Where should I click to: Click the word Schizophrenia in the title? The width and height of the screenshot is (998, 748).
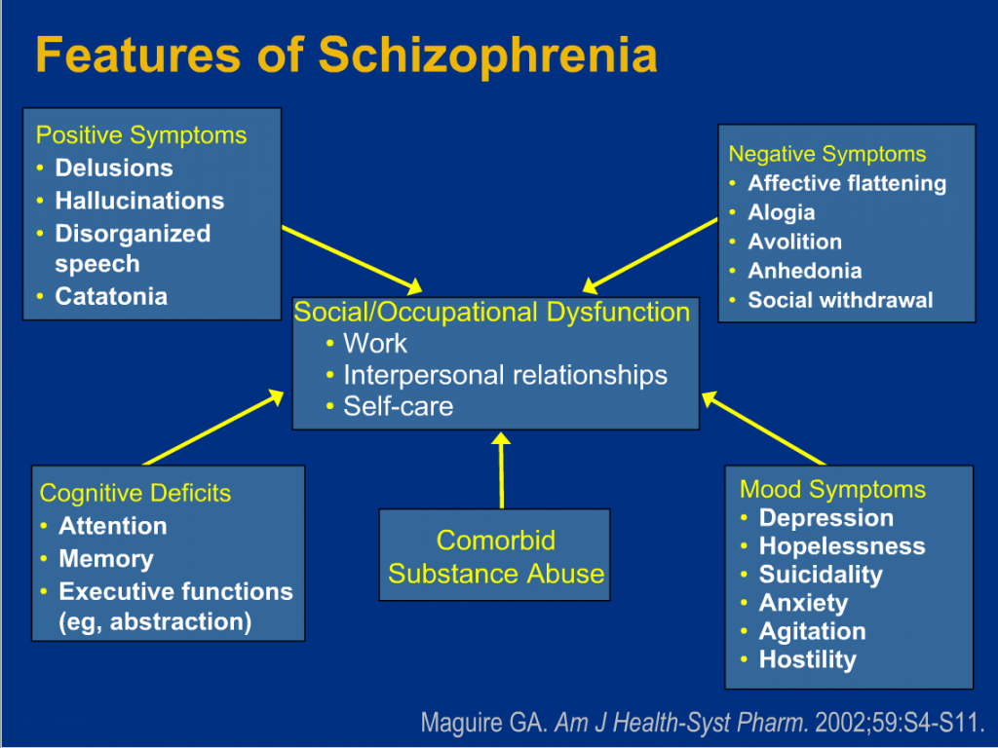(x=487, y=56)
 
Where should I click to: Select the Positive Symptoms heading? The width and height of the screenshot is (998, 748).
(x=141, y=135)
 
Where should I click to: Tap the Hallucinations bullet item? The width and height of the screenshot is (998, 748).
(x=139, y=201)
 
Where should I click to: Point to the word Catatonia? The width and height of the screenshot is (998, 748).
(x=111, y=296)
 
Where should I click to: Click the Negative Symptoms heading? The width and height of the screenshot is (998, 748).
(x=826, y=154)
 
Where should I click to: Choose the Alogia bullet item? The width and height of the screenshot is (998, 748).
(x=781, y=212)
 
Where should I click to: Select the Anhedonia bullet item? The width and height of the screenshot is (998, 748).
(x=804, y=271)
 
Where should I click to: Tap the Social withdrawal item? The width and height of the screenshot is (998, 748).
(x=840, y=300)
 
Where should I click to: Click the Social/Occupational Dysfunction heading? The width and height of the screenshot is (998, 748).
(x=492, y=313)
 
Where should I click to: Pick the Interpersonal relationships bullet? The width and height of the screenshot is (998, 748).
(x=506, y=375)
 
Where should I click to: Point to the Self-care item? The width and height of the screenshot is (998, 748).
(x=399, y=406)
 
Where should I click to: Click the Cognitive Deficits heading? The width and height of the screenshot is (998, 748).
(x=134, y=494)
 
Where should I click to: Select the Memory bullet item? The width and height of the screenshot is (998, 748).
(x=106, y=559)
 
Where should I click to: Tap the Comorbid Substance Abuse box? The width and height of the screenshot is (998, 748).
(x=494, y=554)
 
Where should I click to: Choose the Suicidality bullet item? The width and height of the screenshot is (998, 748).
(x=821, y=575)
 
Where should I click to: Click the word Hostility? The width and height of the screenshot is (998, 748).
(x=808, y=660)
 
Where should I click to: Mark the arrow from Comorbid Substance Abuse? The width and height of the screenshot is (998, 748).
(x=502, y=470)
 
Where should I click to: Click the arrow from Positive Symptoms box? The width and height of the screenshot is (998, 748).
(x=352, y=259)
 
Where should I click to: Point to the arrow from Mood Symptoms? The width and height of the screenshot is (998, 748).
(x=764, y=429)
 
